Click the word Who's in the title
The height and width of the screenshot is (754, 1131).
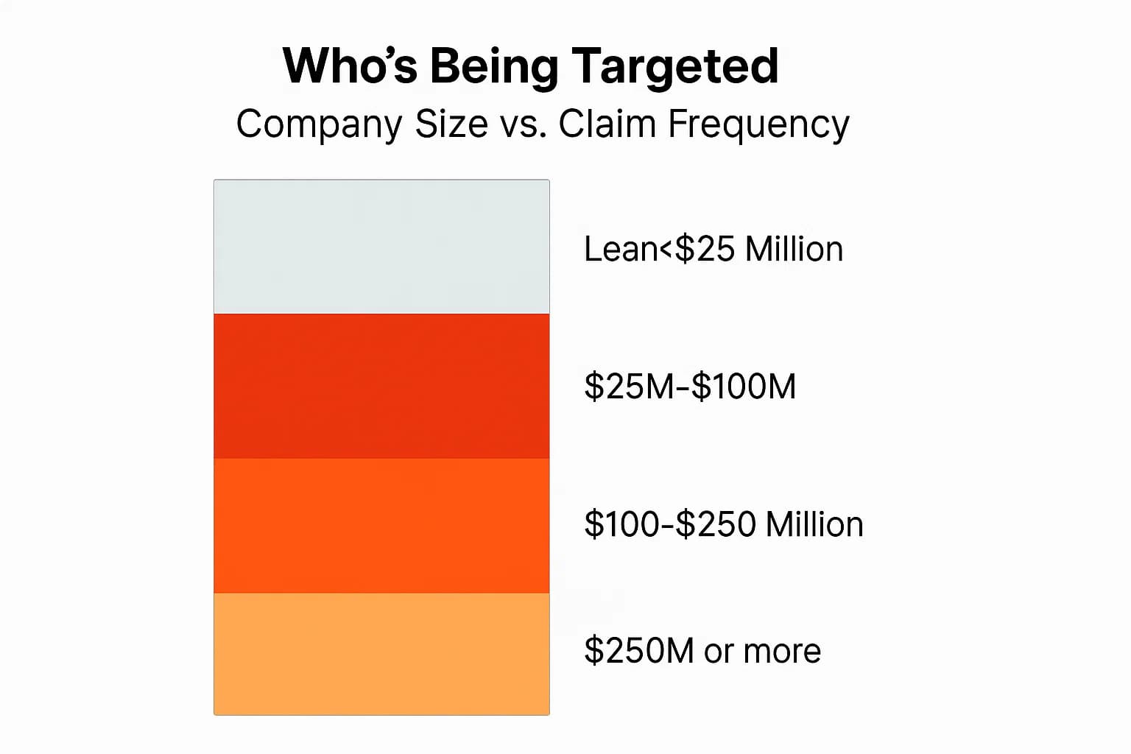[x=350, y=66]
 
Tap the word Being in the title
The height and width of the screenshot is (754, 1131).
[x=494, y=66]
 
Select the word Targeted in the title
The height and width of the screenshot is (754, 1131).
[x=674, y=66]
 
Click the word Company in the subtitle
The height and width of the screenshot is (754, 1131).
[x=319, y=124]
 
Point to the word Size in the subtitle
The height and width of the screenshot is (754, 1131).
[x=451, y=123]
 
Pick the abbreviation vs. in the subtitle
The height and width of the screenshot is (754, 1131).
[x=524, y=123]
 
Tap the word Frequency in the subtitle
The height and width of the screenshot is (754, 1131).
[x=758, y=124]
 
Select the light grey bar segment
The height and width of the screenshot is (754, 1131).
[x=381, y=247]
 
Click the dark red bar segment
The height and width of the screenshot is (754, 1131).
[x=381, y=386]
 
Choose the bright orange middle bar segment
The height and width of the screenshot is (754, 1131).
[x=381, y=525]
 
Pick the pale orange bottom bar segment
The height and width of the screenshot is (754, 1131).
[x=381, y=653]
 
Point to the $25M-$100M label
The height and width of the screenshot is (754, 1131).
[x=690, y=387]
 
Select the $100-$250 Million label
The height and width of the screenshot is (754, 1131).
[x=723, y=524]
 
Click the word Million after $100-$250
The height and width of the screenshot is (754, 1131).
[x=814, y=524]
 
